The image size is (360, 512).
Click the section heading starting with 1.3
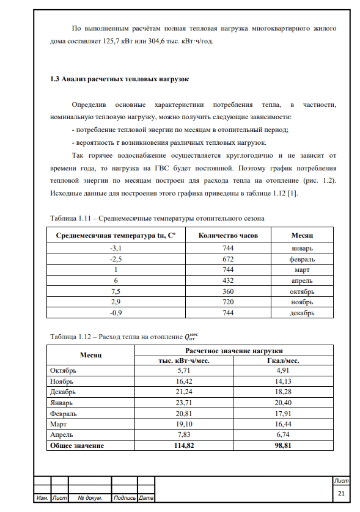tap(119, 79)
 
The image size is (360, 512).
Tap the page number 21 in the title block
tap(340, 493)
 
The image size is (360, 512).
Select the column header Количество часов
tap(226, 235)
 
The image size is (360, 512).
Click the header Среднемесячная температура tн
tap(115, 235)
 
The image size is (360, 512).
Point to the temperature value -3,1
tap(115, 248)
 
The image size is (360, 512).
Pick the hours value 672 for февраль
tap(226, 259)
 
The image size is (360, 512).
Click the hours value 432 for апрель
tap(226, 280)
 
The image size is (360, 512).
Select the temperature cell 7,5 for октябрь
tap(115, 291)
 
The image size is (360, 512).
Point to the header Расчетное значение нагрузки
tap(233, 351)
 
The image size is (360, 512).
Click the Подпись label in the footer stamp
tap(125, 498)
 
